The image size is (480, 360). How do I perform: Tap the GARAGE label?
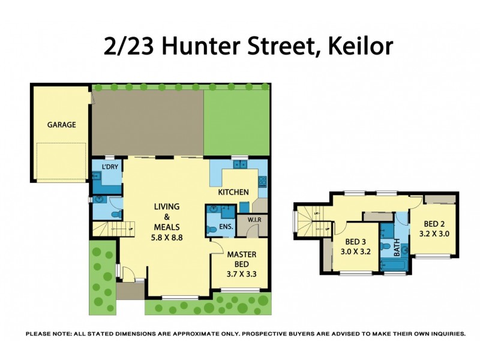[x=61, y=125]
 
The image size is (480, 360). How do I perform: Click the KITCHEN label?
[x=233, y=192]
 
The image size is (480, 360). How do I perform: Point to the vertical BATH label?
[x=397, y=248]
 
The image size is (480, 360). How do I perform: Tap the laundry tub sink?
[x=96, y=176]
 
